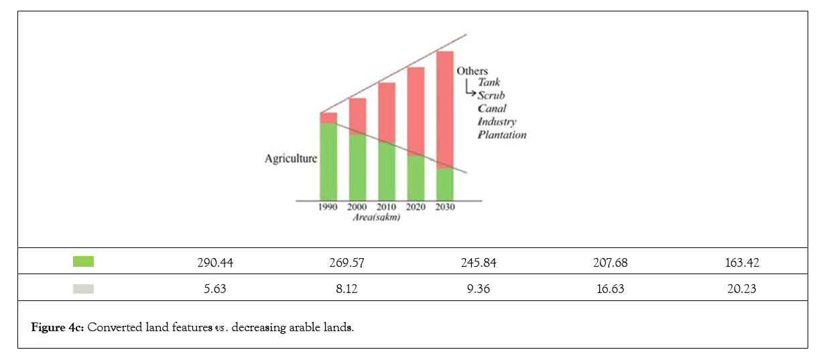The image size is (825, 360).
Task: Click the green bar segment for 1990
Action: [328, 161]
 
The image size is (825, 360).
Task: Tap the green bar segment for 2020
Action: [416, 178]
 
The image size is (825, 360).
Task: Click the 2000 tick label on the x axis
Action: [357, 207]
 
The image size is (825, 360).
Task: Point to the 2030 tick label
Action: [444, 207]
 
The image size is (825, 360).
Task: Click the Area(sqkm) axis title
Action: [377, 217]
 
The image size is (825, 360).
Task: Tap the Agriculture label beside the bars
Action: [291, 159]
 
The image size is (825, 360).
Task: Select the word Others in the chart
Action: [472, 71]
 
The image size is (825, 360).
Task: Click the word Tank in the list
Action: [489, 82]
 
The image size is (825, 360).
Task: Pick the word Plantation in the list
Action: [502, 135]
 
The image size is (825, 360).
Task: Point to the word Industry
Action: [497, 121]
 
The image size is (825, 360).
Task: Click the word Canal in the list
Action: [492, 109]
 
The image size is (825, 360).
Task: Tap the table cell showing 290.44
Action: [212, 262]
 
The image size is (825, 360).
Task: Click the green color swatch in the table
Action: [83, 262]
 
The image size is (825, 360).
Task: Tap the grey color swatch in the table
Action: [83, 289]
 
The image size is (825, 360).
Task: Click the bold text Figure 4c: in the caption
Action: [58, 328]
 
